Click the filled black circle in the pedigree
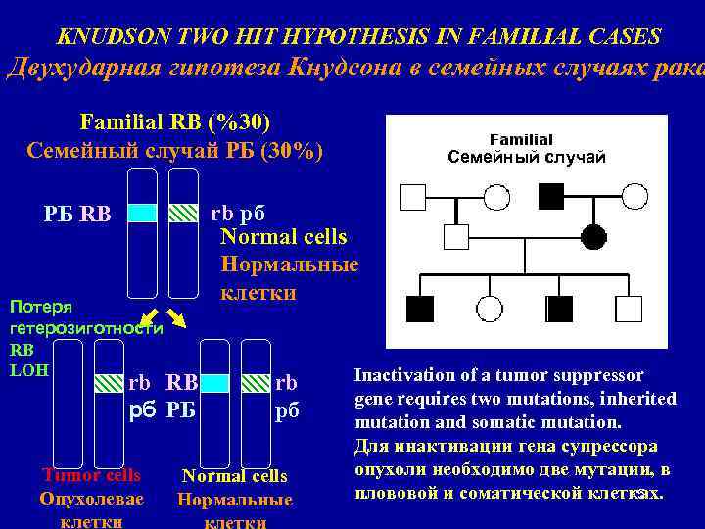coord(593,236)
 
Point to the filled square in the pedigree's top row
coord(552,199)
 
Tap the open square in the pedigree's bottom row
coord(629,310)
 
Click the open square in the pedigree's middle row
coord(456,236)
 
